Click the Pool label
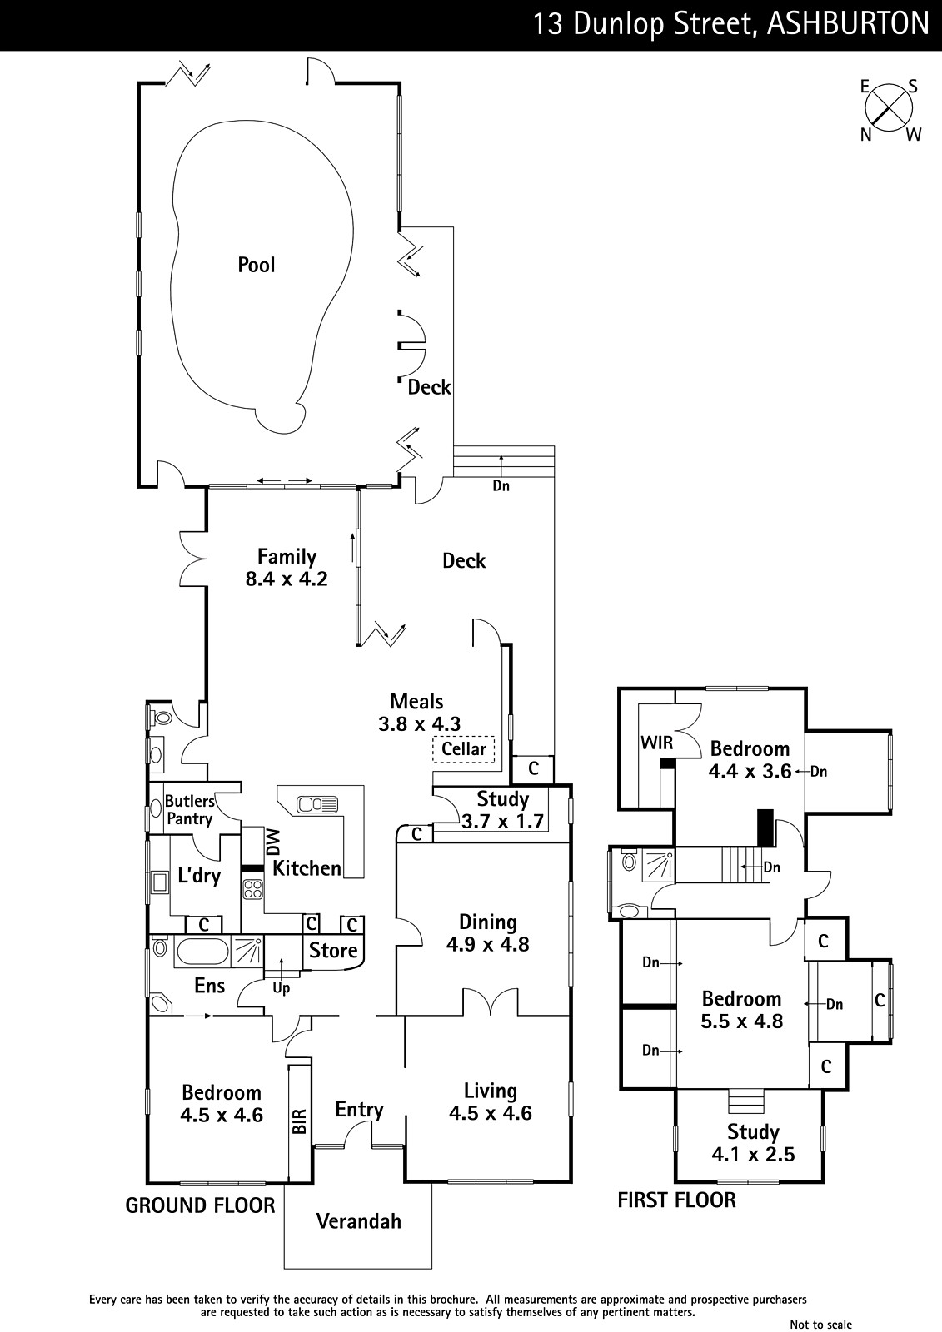[257, 265]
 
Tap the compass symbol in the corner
[889, 111]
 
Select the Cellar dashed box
[464, 748]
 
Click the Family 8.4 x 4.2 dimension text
[287, 579]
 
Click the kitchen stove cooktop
[253, 888]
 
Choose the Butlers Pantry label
[189, 810]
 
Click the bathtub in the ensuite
[202, 950]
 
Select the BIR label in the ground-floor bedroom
[299, 1121]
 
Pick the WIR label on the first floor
[657, 743]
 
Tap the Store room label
[332, 950]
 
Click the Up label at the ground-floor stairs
[281, 988]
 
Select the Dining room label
[487, 922]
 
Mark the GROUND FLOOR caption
[200, 1205]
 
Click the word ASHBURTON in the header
[848, 24]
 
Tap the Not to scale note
[820, 1324]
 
